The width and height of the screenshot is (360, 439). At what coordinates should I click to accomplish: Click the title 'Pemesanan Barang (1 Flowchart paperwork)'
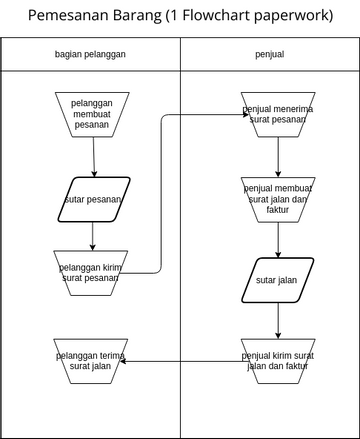[x=180, y=16]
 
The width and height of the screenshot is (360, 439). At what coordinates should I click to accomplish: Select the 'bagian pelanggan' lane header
[x=90, y=54]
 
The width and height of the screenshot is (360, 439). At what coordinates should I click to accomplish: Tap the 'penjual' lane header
[x=269, y=54]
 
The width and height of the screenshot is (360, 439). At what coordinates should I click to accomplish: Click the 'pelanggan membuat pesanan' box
[x=92, y=112]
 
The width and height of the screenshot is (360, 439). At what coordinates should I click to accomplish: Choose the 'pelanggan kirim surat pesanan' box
[x=92, y=271]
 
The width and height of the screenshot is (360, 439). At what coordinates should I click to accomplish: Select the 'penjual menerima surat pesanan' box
[x=278, y=112]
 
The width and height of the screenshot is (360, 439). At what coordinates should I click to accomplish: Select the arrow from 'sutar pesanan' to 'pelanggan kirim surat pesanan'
[x=92, y=234]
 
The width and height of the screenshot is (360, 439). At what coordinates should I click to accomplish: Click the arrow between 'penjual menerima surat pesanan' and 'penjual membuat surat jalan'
[x=278, y=155]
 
